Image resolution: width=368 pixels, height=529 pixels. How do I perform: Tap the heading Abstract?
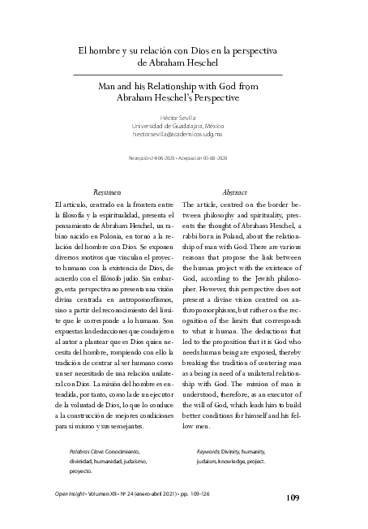click(233, 191)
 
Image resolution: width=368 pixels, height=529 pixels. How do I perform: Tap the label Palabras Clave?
click(86, 449)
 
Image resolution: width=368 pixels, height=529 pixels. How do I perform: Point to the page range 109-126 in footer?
click(222, 492)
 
